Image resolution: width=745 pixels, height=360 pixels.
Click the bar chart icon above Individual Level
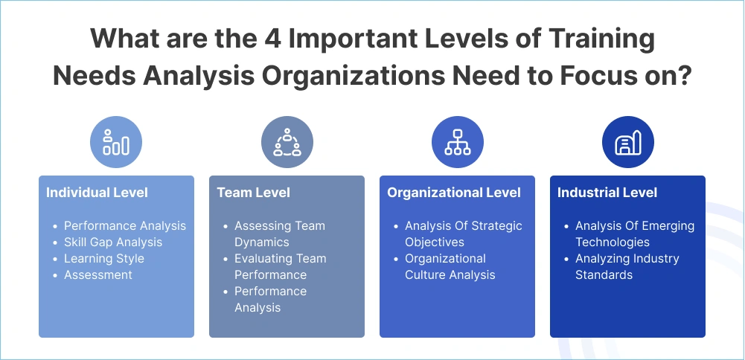[x=116, y=141]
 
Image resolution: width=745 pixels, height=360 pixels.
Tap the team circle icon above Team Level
[x=287, y=141]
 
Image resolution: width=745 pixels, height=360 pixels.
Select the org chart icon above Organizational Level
[x=457, y=141]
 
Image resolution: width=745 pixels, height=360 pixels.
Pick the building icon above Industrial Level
[x=627, y=141]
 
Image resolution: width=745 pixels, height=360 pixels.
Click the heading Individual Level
[x=97, y=193]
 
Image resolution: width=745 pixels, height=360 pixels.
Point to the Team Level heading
[x=253, y=193]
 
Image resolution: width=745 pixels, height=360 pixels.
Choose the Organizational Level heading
[x=453, y=193]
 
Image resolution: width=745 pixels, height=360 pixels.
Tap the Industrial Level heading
[x=607, y=193]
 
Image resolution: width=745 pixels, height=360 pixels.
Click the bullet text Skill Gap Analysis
[x=112, y=242]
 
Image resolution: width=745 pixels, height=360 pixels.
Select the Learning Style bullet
[x=103, y=258]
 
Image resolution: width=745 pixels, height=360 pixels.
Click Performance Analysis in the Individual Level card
[x=124, y=225]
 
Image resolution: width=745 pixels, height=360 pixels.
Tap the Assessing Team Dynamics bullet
[x=279, y=234]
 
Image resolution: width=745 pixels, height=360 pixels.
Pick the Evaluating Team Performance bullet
[x=280, y=266]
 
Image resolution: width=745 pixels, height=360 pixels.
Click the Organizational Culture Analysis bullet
[x=450, y=266]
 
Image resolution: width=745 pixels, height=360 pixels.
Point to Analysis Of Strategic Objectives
[x=463, y=234]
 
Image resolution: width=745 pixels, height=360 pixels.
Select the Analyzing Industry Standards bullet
[x=627, y=266]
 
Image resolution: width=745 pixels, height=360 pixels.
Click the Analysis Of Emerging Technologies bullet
[x=634, y=234]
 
